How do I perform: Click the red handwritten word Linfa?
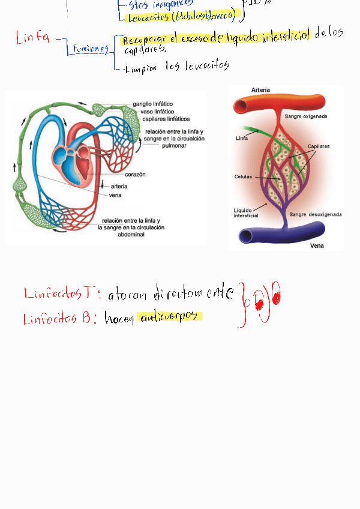pyautogui.click(x=34, y=39)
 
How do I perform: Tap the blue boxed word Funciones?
pyautogui.click(x=89, y=49)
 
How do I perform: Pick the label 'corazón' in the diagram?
pyautogui.click(x=136, y=175)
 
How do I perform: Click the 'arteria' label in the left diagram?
pyautogui.click(x=119, y=187)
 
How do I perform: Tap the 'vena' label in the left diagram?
pyautogui.click(x=116, y=195)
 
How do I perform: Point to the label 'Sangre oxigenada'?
pyautogui.click(x=306, y=116)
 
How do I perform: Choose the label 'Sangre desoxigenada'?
pyautogui.click(x=316, y=214)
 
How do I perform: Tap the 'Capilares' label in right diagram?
pyautogui.click(x=319, y=146)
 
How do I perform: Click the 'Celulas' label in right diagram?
pyautogui.click(x=243, y=177)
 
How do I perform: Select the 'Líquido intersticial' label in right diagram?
pyautogui.click(x=246, y=213)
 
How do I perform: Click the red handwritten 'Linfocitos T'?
pyautogui.click(x=58, y=294)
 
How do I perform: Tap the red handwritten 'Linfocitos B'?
pyautogui.click(x=58, y=319)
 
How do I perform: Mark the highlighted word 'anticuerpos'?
pyautogui.click(x=169, y=316)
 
